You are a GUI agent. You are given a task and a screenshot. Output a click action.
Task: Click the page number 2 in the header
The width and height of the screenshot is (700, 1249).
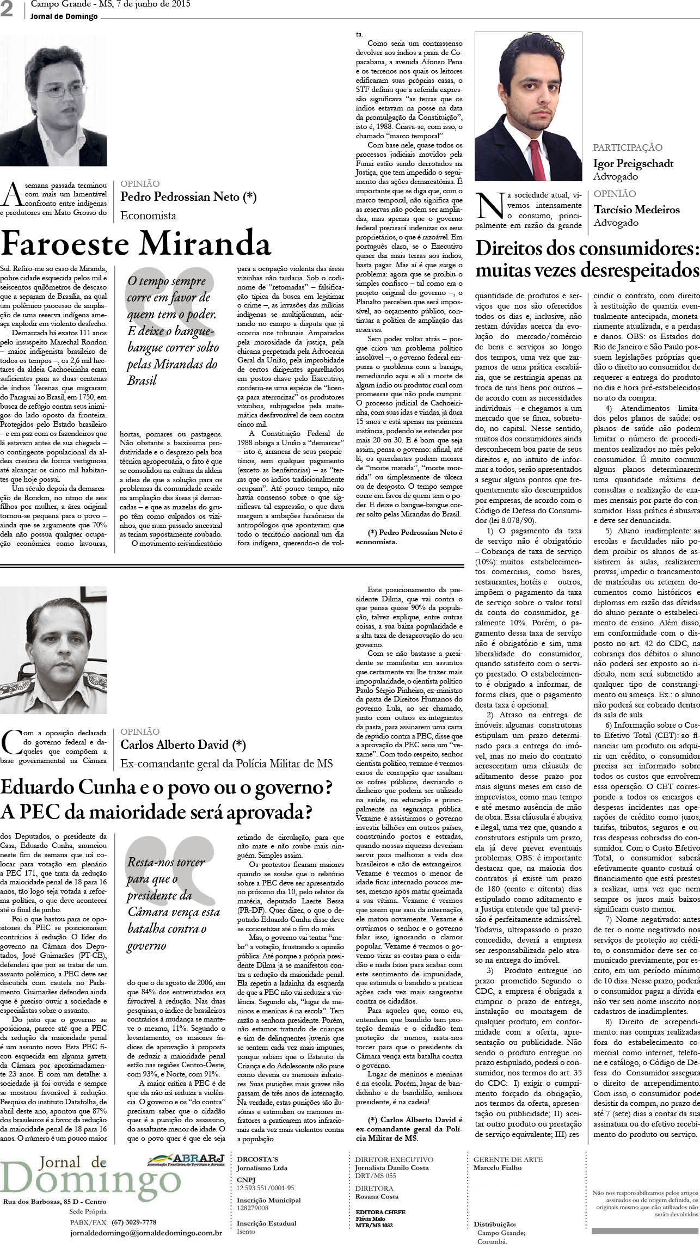[x=8, y=11]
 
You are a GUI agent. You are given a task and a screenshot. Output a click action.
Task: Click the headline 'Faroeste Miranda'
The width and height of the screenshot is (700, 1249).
[x=136, y=243]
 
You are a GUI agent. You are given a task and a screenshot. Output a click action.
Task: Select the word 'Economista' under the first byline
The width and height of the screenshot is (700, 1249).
[x=148, y=216]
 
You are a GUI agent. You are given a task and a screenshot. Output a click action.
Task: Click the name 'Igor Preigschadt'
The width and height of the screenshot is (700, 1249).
[x=633, y=163]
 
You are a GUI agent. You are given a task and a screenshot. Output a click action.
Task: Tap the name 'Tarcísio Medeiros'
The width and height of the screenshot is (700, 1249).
[x=636, y=210]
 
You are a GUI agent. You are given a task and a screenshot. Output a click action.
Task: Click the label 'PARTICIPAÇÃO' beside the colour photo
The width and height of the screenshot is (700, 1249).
[x=628, y=147]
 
